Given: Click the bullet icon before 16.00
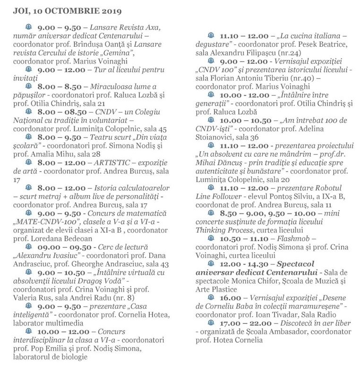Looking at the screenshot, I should tap(211, 297).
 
